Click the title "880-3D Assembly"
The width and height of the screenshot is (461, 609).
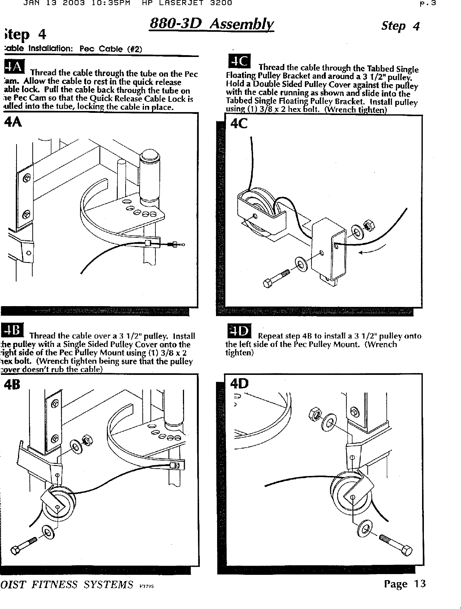coord(212,25)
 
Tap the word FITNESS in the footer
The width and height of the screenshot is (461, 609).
coord(54,585)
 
